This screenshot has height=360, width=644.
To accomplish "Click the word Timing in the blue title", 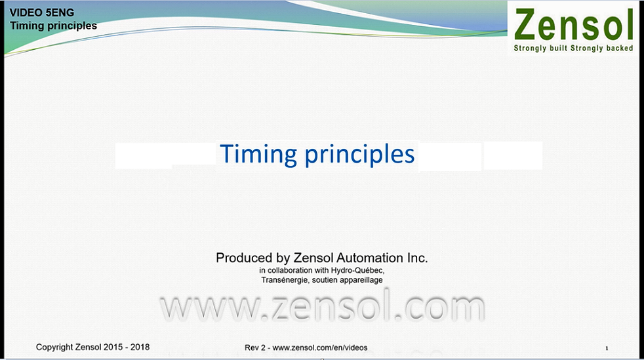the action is (258, 155).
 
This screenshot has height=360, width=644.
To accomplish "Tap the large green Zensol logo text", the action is (573, 25).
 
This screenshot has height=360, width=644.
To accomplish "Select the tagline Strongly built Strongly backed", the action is (573, 48).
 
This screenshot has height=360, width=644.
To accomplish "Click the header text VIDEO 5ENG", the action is (42, 12).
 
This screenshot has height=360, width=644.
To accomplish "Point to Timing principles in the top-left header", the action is (53, 26).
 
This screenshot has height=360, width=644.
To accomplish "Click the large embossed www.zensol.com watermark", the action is (323, 307).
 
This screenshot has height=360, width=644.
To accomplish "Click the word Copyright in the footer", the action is (54, 348).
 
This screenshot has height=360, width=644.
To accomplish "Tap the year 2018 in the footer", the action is (140, 347).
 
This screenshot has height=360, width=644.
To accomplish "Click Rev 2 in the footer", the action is (255, 348).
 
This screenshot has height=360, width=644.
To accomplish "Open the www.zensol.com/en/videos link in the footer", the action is (320, 348).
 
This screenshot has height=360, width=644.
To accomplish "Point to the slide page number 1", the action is (607, 348).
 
